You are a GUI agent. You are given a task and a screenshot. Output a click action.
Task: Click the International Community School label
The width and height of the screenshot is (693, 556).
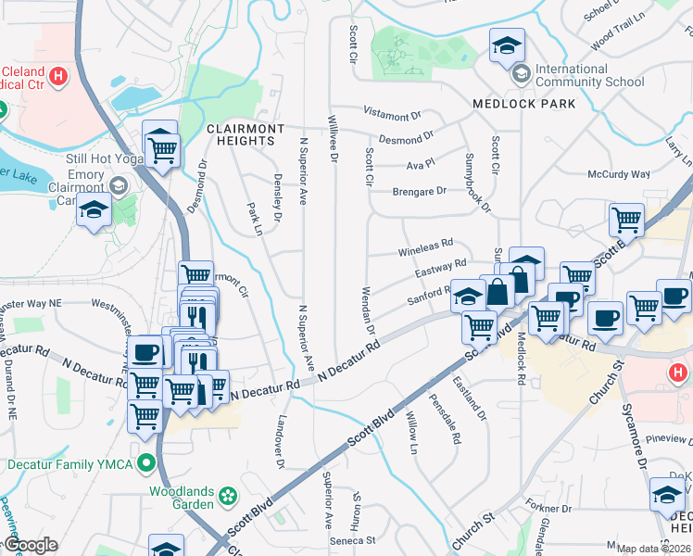(589, 75)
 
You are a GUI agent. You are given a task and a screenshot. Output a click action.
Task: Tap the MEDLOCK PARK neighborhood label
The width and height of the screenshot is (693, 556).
(524, 104)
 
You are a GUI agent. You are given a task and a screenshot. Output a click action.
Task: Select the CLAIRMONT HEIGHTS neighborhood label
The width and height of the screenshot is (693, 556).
(241, 134)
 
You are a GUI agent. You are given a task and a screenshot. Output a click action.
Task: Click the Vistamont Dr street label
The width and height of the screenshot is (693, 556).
(392, 116)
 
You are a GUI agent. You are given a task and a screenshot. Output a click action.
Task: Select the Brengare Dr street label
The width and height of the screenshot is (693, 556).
(419, 191)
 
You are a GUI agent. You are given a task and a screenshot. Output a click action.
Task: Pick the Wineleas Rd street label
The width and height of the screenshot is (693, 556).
(425, 249)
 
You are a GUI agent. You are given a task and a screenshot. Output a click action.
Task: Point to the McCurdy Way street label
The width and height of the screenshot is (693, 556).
(619, 174)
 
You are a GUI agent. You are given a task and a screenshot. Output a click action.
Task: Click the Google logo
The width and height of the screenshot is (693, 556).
(30, 546)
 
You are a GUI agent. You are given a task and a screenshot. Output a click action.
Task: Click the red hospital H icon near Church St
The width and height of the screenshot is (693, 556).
(677, 372)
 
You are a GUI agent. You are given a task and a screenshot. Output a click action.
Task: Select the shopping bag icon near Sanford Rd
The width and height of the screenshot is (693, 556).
(498, 291)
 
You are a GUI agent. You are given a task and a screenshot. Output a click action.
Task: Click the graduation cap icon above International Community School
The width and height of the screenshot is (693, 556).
(507, 45)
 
